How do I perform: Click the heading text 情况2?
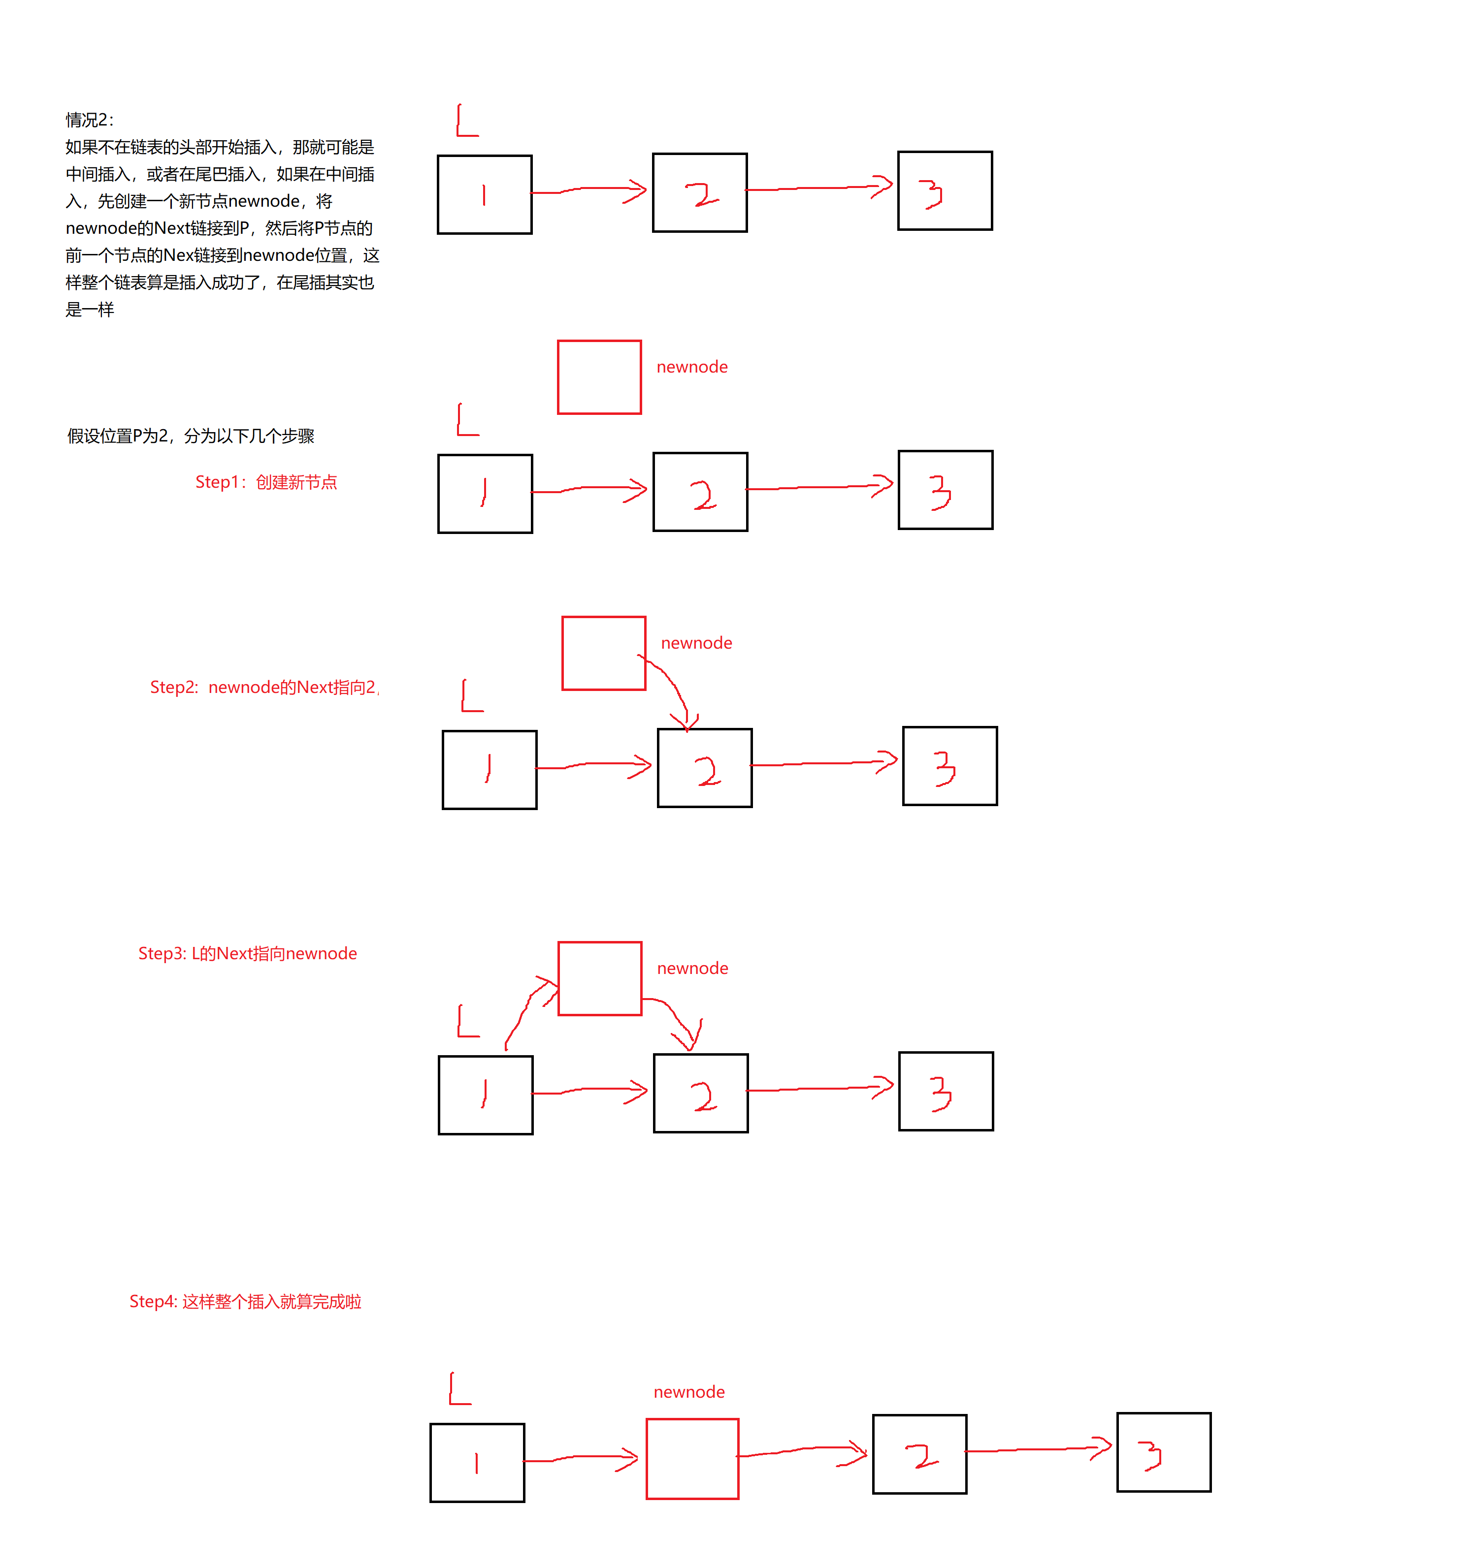click(x=89, y=120)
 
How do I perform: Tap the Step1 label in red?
click(x=266, y=482)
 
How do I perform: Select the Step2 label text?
click(x=263, y=687)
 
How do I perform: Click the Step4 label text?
click(x=245, y=1301)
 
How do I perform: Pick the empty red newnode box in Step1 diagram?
click(x=599, y=377)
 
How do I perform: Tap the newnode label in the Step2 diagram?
click(x=696, y=643)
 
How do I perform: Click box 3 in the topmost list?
click(x=945, y=191)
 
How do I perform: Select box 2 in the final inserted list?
click(x=919, y=1454)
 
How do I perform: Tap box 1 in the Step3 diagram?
click(x=485, y=1095)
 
